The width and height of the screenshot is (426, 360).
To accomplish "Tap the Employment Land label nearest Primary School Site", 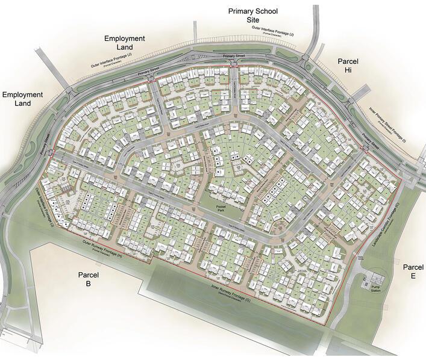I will (124, 42).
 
